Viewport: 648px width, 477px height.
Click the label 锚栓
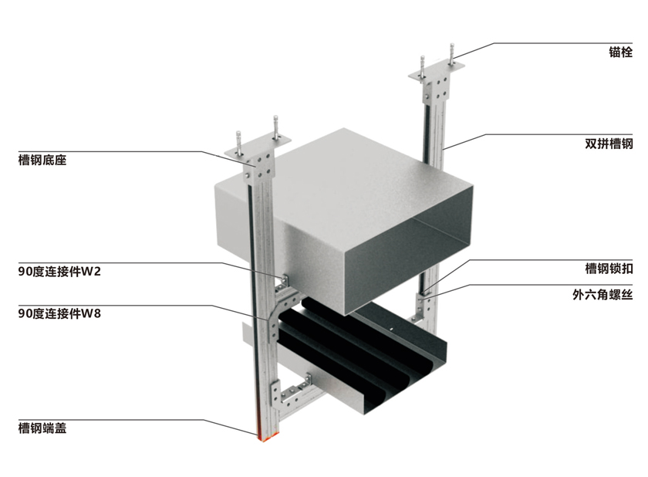pos(620,53)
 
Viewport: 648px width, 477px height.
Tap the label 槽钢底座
pos(42,161)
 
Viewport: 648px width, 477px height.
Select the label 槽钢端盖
pos(42,427)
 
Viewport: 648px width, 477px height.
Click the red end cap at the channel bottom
pos(262,437)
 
